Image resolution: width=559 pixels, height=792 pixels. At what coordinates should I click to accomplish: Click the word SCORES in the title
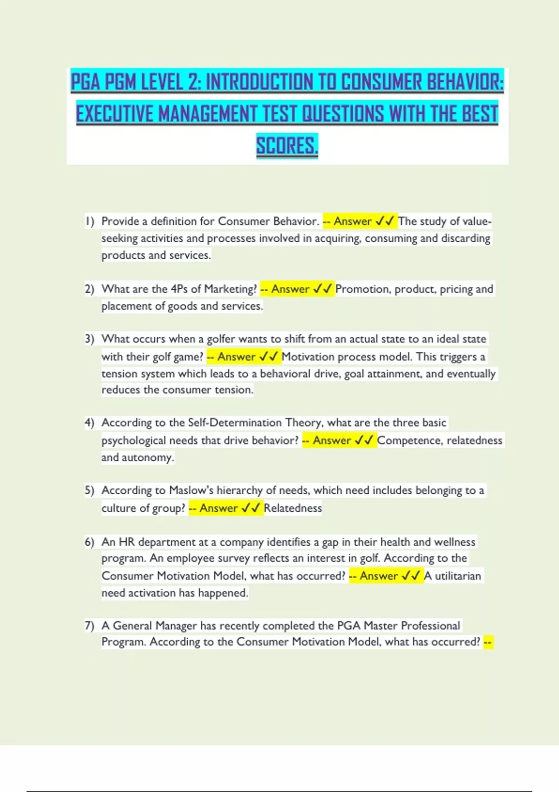[x=286, y=146]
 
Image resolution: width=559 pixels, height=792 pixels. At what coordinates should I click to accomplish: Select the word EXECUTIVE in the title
[x=114, y=114]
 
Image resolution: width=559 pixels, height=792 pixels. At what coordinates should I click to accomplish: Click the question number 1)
[x=89, y=221]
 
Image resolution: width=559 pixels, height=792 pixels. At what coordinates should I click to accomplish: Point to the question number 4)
[x=89, y=423]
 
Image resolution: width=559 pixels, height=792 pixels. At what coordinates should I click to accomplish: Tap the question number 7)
[x=89, y=626]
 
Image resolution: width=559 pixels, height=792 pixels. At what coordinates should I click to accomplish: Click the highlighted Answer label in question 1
[x=353, y=221]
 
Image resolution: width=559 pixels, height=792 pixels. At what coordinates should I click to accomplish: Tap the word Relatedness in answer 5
[x=293, y=508]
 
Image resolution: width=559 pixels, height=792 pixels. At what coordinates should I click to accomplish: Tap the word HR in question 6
[x=127, y=542]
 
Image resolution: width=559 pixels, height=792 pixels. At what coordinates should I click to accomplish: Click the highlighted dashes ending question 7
[x=488, y=642]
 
